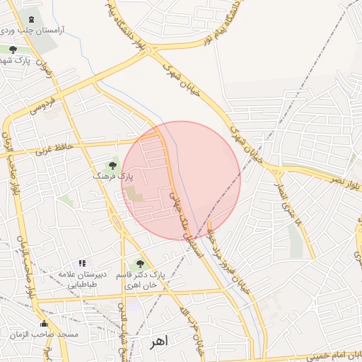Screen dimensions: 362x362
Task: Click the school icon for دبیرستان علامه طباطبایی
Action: (83, 263)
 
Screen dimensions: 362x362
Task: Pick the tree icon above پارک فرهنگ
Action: (112, 165)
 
